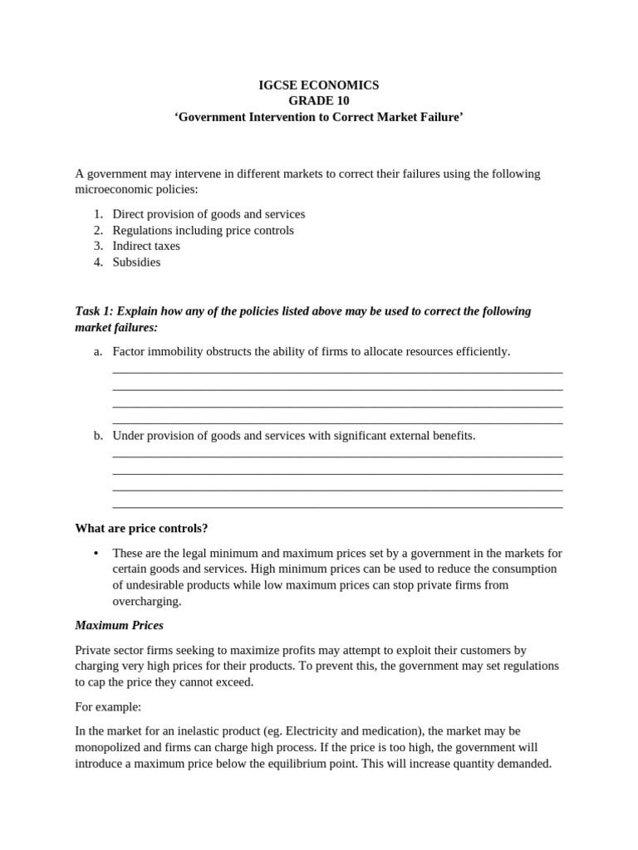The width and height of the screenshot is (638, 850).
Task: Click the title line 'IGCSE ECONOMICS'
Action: click(318, 85)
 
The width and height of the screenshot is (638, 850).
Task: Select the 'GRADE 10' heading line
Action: click(318, 100)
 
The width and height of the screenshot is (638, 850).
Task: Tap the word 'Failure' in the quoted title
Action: click(440, 117)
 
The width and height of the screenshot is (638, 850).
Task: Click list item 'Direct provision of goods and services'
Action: click(209, 213)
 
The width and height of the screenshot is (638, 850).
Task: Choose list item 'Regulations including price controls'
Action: click(203, 230)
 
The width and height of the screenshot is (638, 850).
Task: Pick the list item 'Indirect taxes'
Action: click(146, 246)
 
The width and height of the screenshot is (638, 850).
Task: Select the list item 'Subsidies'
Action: click(136, 261)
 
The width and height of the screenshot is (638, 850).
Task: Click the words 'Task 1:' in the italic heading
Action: click(94, 310)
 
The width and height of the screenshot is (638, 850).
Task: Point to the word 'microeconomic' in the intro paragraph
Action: click(114, 189)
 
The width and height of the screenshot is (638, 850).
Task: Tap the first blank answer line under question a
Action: click(337, 373)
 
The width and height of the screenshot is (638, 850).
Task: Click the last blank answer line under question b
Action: click(337, 507)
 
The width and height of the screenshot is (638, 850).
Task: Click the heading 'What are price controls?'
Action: click(141, 528)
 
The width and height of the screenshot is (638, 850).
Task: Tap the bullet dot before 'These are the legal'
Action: click(97, 553)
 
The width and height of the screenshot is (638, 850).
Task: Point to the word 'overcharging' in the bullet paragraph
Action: click(146, 601)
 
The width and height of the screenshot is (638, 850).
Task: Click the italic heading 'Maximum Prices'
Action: click(119, 625)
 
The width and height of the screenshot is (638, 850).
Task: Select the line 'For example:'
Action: click(108, 706)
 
